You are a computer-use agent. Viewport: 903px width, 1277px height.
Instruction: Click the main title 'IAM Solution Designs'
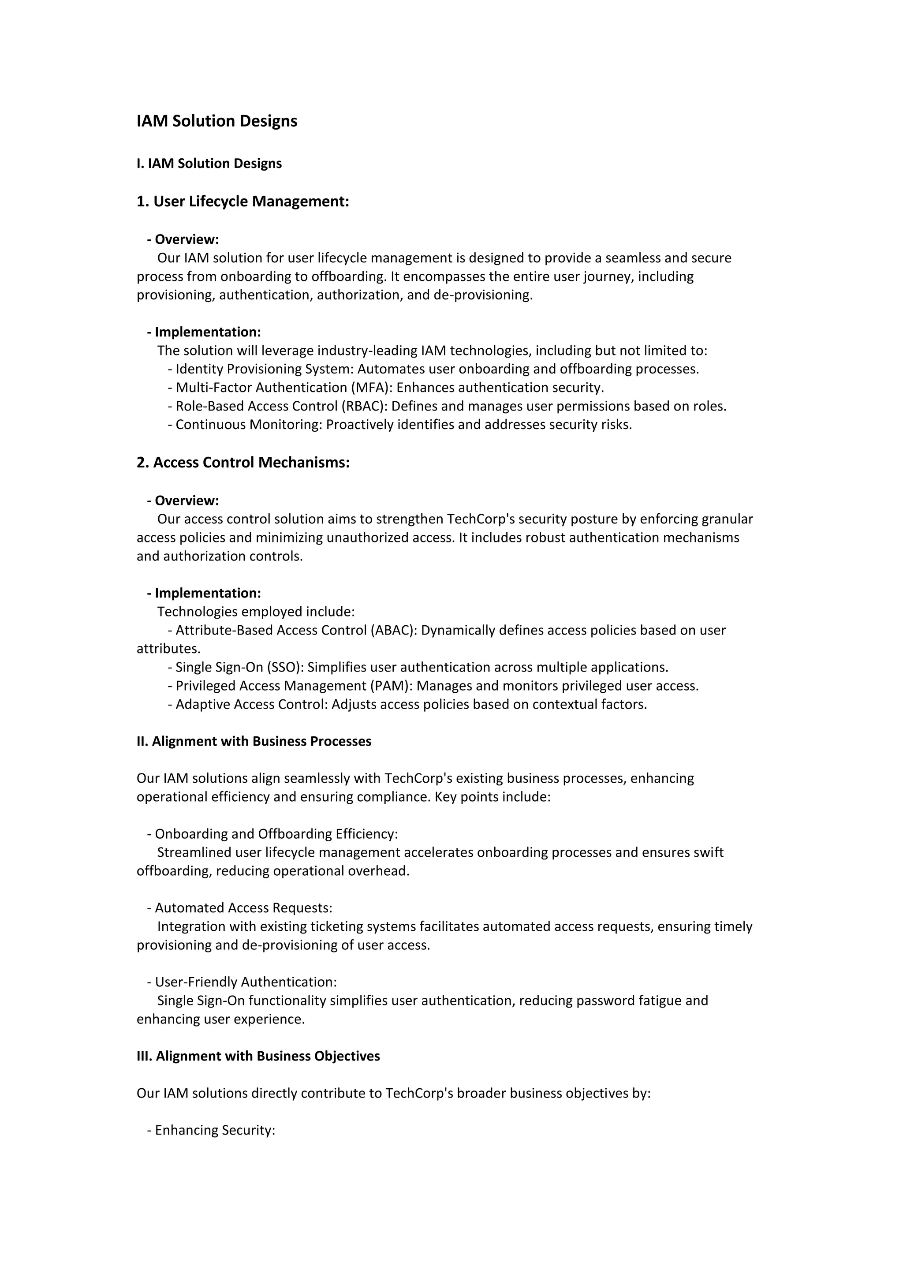217,121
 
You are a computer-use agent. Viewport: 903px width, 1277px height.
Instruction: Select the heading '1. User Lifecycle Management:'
243,202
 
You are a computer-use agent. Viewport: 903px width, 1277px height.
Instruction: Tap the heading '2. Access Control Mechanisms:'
243,462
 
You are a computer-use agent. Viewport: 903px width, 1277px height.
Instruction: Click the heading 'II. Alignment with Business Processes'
254,741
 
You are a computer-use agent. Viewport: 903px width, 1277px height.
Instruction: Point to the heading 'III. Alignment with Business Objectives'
258,1056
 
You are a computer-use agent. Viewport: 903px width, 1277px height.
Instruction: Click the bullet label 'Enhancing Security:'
215,1130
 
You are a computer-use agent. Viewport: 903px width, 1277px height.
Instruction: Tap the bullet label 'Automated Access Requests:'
243,908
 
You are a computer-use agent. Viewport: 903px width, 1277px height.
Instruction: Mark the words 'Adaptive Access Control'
250,705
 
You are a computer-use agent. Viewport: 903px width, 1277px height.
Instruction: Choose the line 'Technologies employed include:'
256,612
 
